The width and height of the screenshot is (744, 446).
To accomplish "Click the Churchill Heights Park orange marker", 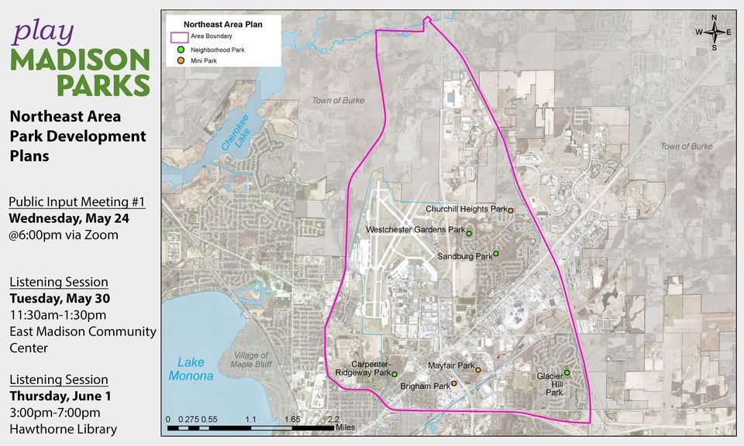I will point(511,211).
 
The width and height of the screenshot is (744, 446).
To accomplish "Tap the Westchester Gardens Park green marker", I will point(469,233).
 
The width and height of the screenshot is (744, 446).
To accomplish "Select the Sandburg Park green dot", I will point(496,254).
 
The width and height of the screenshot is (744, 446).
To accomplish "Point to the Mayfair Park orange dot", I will point(478,370).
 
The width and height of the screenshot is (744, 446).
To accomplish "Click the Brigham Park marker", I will point(454,383).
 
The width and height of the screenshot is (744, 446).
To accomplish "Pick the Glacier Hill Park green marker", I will point(567,372).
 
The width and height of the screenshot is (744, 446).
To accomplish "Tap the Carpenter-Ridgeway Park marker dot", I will point(394,374).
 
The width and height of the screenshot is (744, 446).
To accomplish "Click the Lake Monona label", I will point(191,369).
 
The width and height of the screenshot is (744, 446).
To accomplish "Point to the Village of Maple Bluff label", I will point(250,360).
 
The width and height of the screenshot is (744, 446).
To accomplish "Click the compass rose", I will point(714,32).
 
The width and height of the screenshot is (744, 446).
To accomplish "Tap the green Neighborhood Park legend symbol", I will point(180,49).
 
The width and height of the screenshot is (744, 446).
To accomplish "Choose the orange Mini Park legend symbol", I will point(180,60).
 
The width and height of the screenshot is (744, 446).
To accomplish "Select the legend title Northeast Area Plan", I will point(222,24).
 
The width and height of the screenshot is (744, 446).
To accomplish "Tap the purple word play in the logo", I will point(43,32).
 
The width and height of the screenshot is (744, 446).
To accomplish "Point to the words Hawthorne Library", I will point(63,429).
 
